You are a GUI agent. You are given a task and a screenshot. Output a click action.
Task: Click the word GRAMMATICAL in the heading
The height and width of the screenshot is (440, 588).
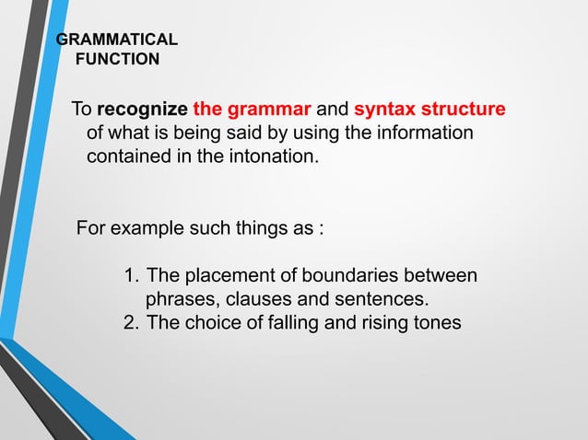[117, 41]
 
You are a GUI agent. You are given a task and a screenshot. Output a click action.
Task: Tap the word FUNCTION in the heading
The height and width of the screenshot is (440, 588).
[116, 60]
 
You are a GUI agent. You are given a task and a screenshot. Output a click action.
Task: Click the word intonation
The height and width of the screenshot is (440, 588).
[274, 156]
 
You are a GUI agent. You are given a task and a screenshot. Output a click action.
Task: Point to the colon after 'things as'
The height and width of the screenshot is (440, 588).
[321, 227]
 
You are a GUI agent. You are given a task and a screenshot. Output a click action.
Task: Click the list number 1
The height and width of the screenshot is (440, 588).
[130, 275]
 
